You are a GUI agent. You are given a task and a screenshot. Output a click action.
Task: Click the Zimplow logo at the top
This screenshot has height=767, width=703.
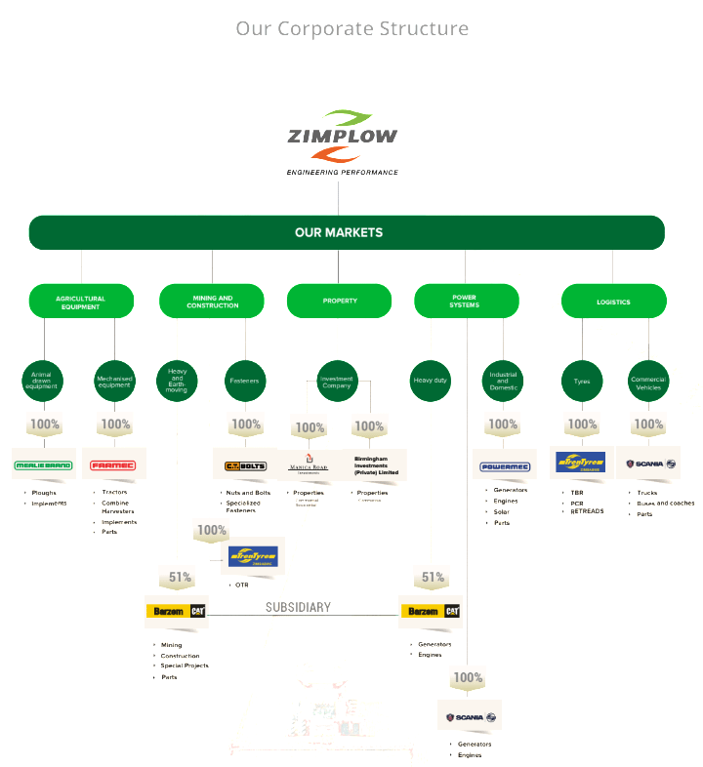point(342,142)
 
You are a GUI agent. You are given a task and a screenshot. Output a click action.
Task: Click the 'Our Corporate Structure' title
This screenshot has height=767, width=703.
point(351,28)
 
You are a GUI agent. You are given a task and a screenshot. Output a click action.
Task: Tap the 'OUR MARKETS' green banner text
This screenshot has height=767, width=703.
point(339,232)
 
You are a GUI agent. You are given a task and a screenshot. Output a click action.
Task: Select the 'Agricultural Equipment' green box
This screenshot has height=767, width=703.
point(80,302)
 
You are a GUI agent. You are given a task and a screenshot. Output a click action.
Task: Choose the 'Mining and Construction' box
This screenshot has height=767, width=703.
point(212,302)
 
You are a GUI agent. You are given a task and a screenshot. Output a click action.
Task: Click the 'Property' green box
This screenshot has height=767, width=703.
point(340,301)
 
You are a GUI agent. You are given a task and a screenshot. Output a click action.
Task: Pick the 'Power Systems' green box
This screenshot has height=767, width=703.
point(464,302)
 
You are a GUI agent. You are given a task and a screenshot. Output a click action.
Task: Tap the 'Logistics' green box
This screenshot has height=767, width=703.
point(613,302)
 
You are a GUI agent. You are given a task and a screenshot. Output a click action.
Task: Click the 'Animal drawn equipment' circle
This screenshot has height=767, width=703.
point(42,381)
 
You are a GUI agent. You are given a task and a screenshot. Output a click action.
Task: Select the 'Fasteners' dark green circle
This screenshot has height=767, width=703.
point(244,381)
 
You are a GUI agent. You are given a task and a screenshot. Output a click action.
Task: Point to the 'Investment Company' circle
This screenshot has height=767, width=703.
point(336,380)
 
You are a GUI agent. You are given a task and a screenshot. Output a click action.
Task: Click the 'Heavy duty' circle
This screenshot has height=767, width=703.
point(430,381)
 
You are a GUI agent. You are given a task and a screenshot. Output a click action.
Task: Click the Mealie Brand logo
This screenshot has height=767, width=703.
point(43,464)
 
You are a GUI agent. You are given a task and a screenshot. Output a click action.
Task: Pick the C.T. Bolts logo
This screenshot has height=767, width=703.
point(245,465)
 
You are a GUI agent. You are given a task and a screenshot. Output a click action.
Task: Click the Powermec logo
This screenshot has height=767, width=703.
point(504,466)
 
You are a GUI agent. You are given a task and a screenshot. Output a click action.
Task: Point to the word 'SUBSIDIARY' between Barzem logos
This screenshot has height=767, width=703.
point(298,607)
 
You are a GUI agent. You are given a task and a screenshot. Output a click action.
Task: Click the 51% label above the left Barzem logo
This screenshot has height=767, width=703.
point(180,577)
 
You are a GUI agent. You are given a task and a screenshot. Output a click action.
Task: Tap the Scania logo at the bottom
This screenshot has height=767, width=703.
point(471,717)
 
